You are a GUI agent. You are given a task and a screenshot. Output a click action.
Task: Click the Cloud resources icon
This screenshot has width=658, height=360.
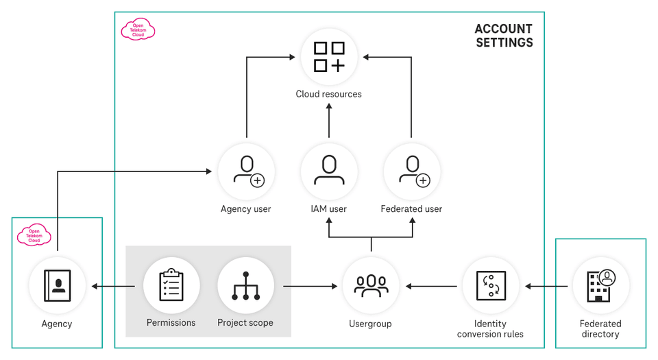coord(329,57)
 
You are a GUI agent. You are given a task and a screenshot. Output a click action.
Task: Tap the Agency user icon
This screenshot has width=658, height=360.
coord(246,171)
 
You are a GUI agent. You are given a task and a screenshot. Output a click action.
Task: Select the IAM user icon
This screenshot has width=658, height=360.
coord(329,171)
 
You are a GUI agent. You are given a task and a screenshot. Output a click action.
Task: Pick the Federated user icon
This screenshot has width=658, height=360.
coord(411,171)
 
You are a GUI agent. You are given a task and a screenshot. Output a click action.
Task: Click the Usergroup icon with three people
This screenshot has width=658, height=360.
coord(371,285)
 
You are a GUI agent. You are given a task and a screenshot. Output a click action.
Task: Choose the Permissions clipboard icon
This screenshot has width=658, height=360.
coord(171,285)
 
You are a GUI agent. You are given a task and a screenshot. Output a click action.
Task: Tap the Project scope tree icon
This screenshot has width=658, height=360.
coord(245,285)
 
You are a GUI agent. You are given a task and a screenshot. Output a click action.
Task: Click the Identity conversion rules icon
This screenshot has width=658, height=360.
coord(491,285)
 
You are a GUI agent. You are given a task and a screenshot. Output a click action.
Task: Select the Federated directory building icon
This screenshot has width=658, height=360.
coord(600,285)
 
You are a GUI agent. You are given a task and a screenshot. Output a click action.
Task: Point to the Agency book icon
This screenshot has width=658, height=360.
coord(58,285)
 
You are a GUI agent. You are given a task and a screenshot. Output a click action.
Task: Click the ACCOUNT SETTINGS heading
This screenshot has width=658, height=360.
coord(504,36)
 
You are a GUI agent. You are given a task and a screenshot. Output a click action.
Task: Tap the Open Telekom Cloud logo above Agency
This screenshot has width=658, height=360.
coord(34,235)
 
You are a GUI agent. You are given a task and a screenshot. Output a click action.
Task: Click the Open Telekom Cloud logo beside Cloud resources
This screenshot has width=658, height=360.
coord(138,29)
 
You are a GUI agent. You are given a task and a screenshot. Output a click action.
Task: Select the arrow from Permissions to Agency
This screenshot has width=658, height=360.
coord(113,286)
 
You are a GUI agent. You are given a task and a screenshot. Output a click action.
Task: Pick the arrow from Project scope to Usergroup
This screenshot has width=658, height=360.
coord(312,286)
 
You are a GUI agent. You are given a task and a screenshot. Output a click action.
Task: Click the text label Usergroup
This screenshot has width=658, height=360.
coord(371,323)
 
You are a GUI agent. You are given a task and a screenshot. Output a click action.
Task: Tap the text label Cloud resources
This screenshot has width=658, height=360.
coord(329,94)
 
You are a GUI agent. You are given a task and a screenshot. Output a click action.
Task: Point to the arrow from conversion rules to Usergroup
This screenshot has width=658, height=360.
coord(432,286)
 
